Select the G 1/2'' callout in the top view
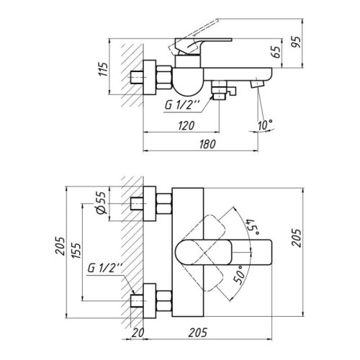pyautogui.click(x=107, y=269)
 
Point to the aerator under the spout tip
pyautogui.click(x=256, y=84)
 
